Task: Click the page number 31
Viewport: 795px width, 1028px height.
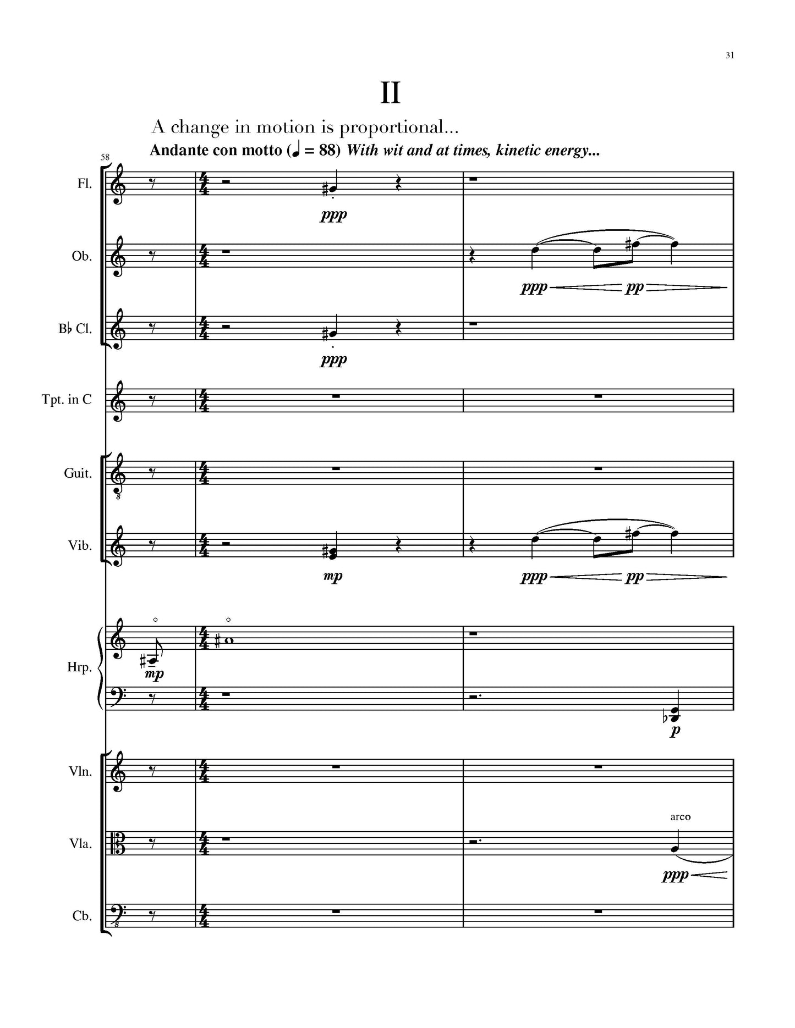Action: click(x=730, y=55)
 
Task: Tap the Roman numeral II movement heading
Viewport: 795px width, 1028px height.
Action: click(x=390, y=93)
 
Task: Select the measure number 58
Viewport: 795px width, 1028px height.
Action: click(x=105, y=157)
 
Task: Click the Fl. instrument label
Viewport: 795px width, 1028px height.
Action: click(x=84, y=184)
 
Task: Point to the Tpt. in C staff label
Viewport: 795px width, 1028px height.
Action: click(x=67, y=400)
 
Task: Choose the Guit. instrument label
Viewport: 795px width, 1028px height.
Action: click(x=78, y=473)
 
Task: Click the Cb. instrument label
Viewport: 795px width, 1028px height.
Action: click(x=82, y=916)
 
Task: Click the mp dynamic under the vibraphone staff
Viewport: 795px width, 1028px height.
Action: click(x=333, y=576)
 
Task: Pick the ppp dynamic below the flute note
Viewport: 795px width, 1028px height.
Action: click(x=333, y=215)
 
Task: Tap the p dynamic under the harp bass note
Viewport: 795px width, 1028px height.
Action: click(x=675, y=731)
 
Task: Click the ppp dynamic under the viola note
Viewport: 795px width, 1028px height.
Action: click(x=675, y=876)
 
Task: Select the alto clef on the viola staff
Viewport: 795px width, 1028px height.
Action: click(x=117, y=843)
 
